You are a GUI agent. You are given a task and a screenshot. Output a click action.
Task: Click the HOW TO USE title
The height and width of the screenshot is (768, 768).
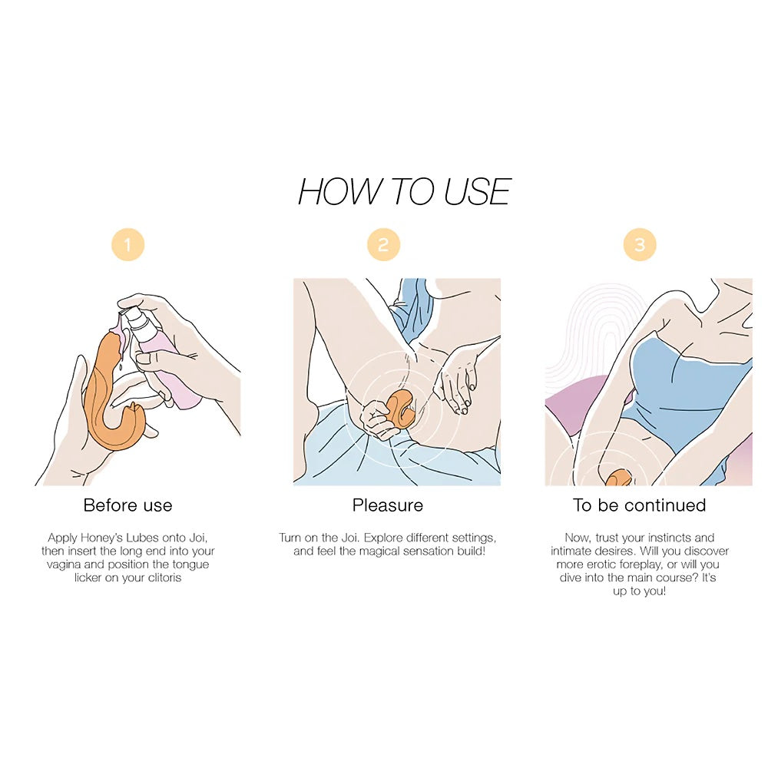405,191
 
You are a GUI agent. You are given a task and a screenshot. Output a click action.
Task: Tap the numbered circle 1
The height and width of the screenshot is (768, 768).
127,244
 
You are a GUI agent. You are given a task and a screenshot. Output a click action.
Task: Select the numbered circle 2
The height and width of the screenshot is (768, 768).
383,244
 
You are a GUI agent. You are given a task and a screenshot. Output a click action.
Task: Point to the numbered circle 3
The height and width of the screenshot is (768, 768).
640,244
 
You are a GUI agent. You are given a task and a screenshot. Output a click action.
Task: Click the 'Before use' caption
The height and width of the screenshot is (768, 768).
127,505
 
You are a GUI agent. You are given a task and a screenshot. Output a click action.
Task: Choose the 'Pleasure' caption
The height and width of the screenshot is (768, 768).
387,505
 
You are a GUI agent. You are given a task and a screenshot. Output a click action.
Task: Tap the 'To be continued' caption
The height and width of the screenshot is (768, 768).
639,505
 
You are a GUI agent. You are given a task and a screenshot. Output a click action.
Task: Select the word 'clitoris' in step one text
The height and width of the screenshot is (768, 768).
164,578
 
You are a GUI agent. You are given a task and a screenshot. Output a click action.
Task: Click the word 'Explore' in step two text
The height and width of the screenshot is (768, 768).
382,538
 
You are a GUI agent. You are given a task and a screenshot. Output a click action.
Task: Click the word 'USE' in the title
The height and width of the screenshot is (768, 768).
478,191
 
